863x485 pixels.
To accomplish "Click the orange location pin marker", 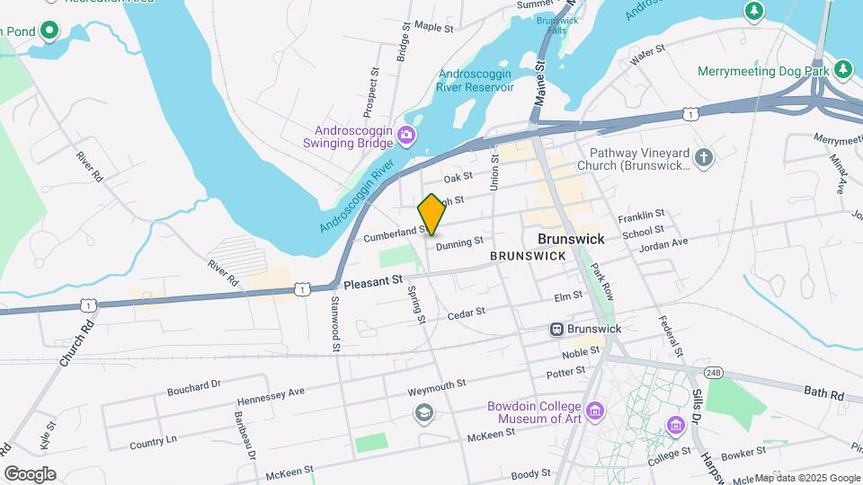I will click(431, 215).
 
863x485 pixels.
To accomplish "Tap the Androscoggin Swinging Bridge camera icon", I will click(407, 135).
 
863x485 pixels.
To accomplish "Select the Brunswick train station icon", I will click(557, 330).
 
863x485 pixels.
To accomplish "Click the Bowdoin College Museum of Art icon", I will click(595, 413).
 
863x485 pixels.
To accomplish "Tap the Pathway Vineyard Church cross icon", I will click(704, 158).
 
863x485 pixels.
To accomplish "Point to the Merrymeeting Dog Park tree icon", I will click(842, 69).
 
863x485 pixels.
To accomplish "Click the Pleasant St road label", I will click(372, 281).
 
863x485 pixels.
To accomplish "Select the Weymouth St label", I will click(437, 384).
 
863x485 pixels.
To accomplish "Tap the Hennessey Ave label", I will click(271, 396).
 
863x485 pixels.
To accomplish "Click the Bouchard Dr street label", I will click(193, 387).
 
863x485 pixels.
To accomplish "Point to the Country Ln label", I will click(153, 443).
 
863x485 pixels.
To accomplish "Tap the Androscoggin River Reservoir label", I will click(475, 81).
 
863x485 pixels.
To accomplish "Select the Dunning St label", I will click(459, 242).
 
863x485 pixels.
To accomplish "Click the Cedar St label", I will click(466, 313).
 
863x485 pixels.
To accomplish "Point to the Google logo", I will click(30, 473).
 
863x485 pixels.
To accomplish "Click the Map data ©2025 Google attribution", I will click(807, 478).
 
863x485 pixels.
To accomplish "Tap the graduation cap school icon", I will click(423, 412).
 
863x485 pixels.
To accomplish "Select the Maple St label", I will click(434, 28).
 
